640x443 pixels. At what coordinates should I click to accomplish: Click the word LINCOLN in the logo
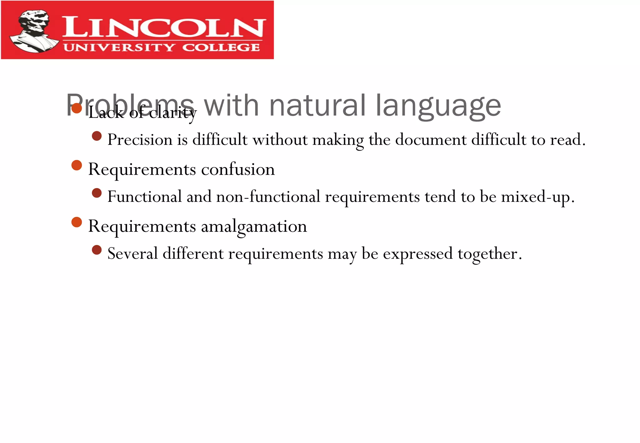pyautogui.click(x=164, y=27)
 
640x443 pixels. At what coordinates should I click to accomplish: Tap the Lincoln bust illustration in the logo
pyautogui.click(x=33, y=31)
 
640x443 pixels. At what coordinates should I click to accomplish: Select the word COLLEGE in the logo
pyautogui.click(x=221, y=47)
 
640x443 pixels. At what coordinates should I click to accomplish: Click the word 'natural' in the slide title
pyautogui.click(x=317, y=106)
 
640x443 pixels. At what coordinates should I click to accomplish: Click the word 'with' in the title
pyautogui.click(x=231, y=106)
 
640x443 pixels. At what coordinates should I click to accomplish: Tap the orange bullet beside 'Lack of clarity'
pyautogui.click(x=77, y=108)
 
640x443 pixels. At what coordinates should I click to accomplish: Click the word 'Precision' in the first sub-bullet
pyautogui.click(x=140, y=140)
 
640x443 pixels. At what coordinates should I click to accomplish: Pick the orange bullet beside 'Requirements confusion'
pyautogui.click(x=77, y=165)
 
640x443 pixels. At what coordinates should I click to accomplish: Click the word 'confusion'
pyautogui.click(x=238, y=170)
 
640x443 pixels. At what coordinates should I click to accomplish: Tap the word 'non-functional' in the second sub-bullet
pyautogui.click(x=268, y=197)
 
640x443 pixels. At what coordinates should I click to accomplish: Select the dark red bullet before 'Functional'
pyautogui.click(x=97, y=193)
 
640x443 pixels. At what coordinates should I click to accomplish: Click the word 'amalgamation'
pyautogui.click(x=254, y=226)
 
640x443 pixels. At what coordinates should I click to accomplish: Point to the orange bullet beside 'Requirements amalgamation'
pyautogui.click(x=77, y=222)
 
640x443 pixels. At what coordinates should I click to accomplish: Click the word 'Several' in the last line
pyautogui.click(x=132, y=254)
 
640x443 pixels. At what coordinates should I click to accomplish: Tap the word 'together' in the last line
pyautogui.click(x=487, y=254)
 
